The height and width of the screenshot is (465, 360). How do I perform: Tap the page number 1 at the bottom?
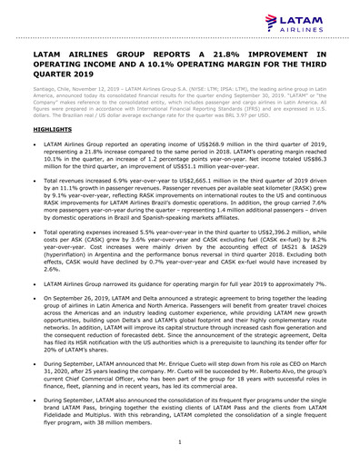pos(181,441)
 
